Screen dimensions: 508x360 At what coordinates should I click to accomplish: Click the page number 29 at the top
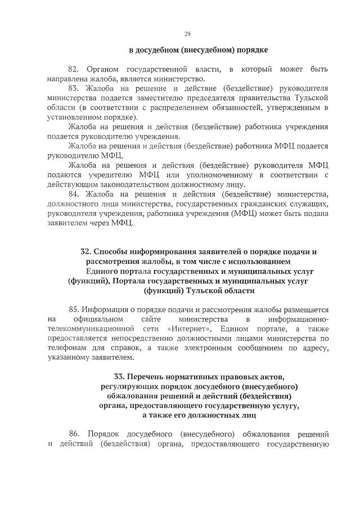[x=187, y=34]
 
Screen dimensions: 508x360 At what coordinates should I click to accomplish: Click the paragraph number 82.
[x=74, y=69]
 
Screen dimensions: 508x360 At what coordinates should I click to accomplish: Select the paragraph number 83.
[x=74, y=89]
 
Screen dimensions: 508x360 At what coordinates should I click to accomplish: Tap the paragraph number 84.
[x=74, y=194]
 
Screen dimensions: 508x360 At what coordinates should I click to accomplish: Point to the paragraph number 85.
[x=74, y=309]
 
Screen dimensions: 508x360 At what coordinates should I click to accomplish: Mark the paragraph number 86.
[x=74, y=434]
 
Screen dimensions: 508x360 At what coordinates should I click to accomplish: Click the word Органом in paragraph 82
[x=105, y=69]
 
